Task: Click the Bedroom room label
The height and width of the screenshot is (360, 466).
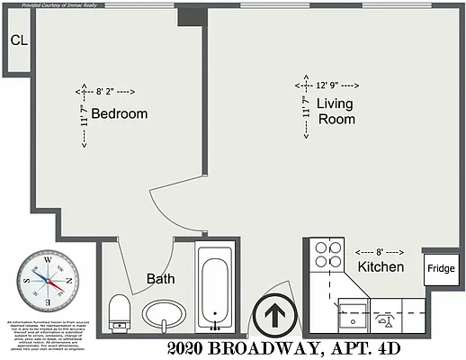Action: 119,114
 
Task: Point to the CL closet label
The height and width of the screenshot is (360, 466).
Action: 18,40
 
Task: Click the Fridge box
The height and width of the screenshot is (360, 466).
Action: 440,268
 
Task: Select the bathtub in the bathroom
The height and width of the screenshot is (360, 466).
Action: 216,289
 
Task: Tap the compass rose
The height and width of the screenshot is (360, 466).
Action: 41,280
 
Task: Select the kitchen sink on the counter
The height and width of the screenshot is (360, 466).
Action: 352,317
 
